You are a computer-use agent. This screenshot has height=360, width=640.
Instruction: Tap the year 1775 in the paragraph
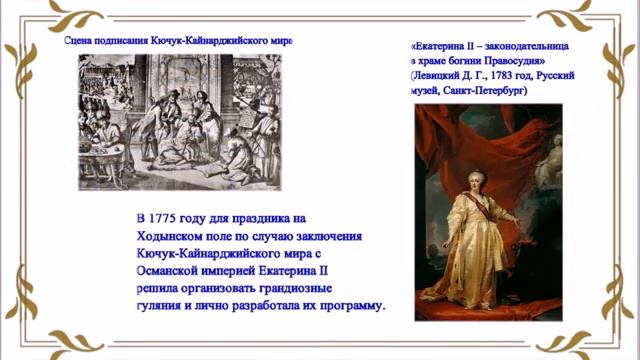[x=164, y=217]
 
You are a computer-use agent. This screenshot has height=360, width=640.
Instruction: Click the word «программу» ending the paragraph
[x=347, y=305]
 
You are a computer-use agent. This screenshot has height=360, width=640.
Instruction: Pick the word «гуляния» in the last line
[x=158, y=305]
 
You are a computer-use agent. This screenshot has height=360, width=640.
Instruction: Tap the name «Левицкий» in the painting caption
[x=443, y=76]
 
